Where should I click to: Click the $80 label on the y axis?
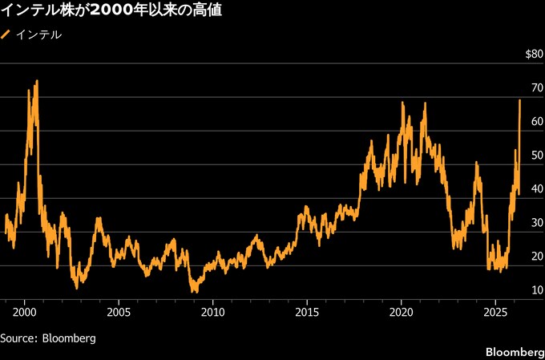click(533, 55)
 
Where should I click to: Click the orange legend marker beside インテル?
click(6, 35)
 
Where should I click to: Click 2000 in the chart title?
click(110, 11)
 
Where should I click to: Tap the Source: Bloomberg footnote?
click(48, 338)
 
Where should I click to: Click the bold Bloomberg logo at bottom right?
click(514, 353)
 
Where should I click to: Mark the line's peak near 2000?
click(37, 81)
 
